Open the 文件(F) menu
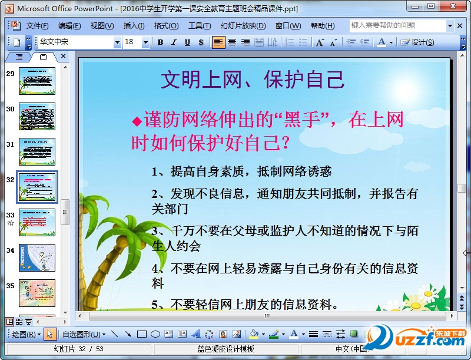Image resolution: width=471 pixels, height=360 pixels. point(37,26)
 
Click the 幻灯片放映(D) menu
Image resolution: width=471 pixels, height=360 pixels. point(243,26)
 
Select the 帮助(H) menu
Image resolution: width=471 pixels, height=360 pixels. point(322,26)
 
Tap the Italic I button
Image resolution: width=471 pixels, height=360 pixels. point(174,42)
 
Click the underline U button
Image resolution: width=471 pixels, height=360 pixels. point(187,42)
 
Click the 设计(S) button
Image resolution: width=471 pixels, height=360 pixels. point(418,42)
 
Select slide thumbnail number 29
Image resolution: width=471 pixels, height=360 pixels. point(37,81)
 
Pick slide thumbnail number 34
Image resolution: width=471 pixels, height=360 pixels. point(37,257)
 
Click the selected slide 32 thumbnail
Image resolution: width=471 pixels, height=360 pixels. point(37,187)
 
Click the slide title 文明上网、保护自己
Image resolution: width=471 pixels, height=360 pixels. point(253,80)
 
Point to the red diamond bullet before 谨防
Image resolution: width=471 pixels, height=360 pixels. point(137,121)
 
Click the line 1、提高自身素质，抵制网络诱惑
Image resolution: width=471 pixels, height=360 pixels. point(241,171)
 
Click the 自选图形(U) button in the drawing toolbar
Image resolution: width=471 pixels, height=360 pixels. point(84,334)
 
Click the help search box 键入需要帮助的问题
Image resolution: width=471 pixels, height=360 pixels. point(397,25)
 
